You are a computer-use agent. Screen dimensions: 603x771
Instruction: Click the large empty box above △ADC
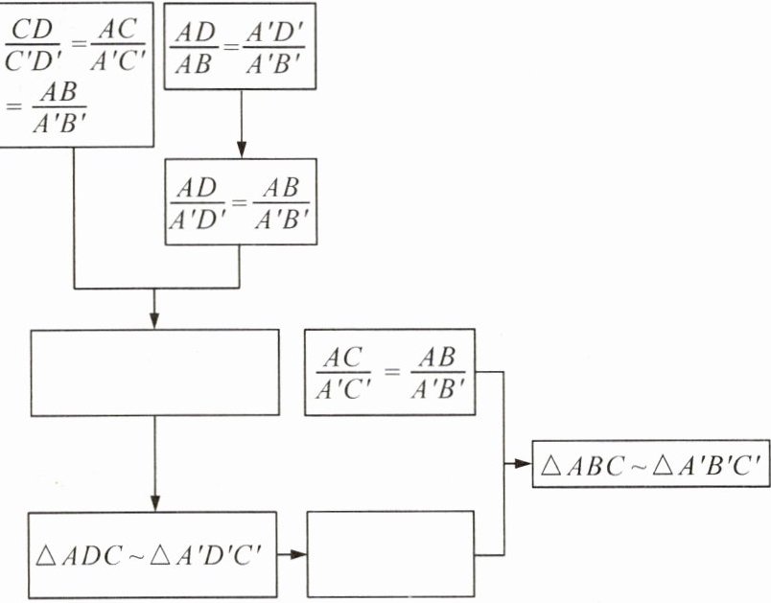154,372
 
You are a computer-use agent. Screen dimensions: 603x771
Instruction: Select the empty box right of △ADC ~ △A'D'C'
390,554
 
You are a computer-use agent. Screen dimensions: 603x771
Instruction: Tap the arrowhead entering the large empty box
154,320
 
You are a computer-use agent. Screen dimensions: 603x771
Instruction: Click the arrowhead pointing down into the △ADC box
154,503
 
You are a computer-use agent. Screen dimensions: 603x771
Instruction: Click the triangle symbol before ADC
48,554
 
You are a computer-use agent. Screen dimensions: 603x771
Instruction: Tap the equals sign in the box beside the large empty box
389,370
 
